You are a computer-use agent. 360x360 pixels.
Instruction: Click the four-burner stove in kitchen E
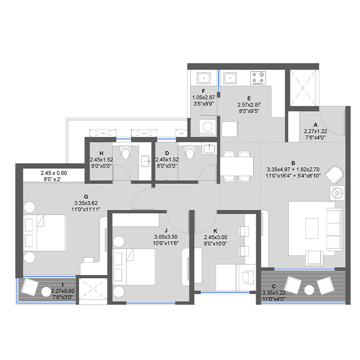(x=258, y=78)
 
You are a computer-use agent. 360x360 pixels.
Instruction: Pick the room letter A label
(x=315, y=125)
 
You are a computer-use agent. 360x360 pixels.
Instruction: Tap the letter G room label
(x=86, y=196)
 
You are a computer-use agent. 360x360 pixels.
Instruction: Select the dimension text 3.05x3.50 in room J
(x=165, y=237)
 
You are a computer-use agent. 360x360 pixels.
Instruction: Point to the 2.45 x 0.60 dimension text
(x=53, y=173)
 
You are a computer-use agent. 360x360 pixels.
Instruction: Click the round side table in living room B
(x=339, y=193)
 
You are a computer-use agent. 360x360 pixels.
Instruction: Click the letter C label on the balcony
(x=273, y=286)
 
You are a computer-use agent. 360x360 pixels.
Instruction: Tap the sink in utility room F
(x=203, y=78)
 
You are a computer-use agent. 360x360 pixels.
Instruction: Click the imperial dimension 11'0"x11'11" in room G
(x=86, y=209)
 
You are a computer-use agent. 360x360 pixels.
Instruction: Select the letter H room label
(x=101, y=153)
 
